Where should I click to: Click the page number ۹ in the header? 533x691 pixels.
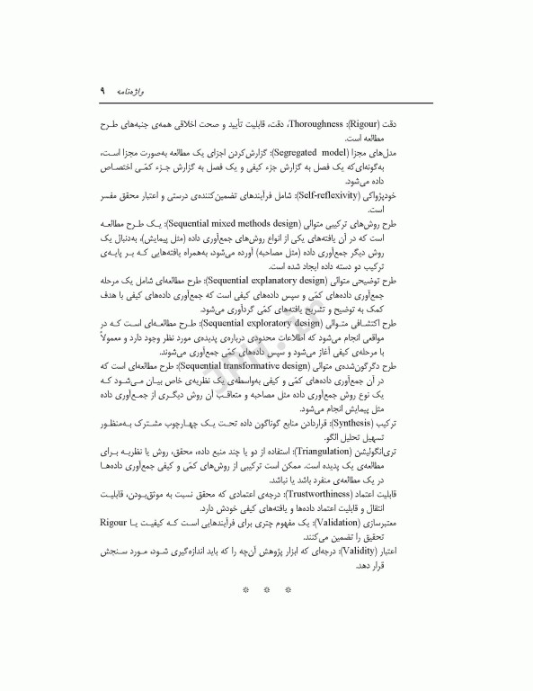coord(103,92)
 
